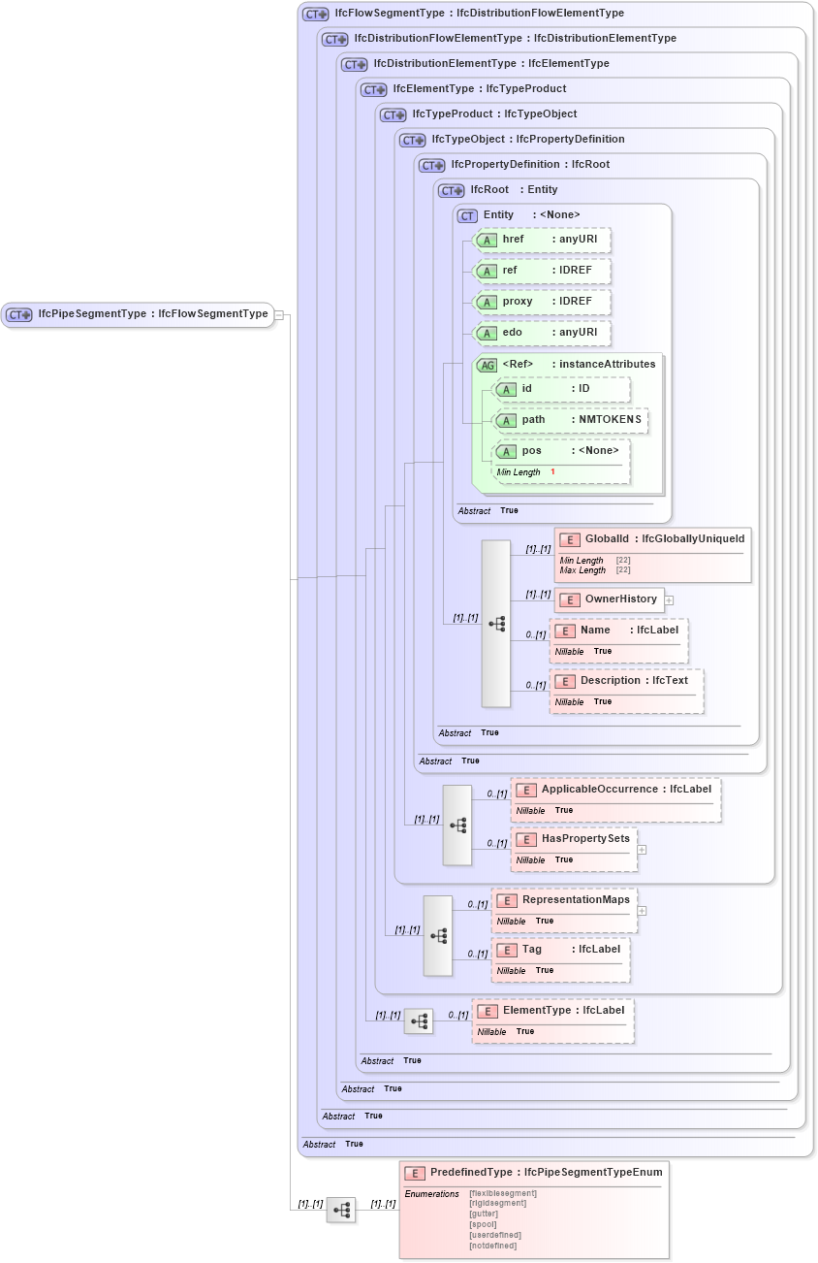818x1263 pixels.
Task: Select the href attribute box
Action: (x=541, y=240)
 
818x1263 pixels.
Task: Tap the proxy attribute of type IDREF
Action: (x=541, y=302)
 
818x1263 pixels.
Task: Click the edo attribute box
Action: (x=541, y=333)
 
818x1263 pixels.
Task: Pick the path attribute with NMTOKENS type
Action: (x=570, y=420)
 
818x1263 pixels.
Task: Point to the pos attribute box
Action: (x=560, y=451)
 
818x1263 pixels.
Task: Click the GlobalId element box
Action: (x=652, y=539)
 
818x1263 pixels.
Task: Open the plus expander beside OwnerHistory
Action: (x=669, y=600)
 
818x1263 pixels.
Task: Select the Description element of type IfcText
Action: (x=626, y=681)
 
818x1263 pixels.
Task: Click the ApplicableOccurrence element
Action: (x=615, y=790)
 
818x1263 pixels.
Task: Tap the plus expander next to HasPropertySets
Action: (x=642, y=850)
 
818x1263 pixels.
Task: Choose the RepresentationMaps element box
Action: (x=564, y=900)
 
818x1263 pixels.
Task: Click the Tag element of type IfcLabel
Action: (x=560, y=950)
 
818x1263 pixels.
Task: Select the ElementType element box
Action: (x=552, y=1011)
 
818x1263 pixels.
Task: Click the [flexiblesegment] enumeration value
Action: (x=502, y=1193)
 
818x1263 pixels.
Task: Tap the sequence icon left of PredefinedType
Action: (x=341, y=1210)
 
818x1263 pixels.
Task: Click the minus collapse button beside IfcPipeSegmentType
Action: (x=278, y=314)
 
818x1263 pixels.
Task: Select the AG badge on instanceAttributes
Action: (x=487, y=365)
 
